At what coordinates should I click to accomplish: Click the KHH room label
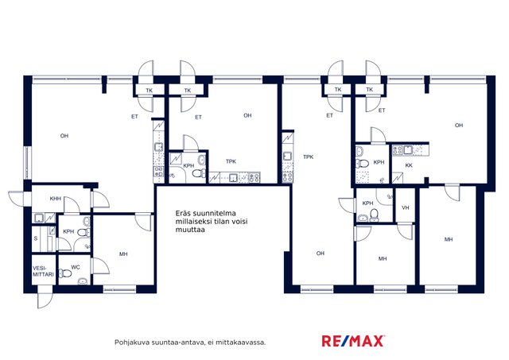tap(56, 199)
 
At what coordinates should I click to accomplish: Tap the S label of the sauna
tap(36, 238)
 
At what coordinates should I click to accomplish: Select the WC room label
tap(76, 267)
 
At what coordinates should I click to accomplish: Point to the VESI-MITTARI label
tap(43, 272)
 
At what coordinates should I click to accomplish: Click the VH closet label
tap(405, 207)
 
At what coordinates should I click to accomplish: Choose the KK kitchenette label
tap(409, 165)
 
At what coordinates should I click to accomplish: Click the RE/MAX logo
tap(353, 341)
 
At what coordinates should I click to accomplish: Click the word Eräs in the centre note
tap(183, 214)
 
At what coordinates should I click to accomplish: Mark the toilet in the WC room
tap(65, 273)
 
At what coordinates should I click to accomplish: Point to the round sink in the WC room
tap(83, 281)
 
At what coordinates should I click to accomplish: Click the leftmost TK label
tap(149, 91)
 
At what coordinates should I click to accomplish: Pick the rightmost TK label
tap(369, 90)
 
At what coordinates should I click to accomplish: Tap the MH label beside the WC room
tap(123, 254)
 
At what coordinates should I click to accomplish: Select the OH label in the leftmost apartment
tap(64, 136)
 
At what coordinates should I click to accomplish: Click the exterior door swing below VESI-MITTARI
tap(45, 297)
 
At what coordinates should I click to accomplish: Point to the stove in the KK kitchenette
tap(398, 150)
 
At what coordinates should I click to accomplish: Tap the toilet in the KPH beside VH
tap(375, 215)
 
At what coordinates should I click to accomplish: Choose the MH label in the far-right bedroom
tap(449, 239)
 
